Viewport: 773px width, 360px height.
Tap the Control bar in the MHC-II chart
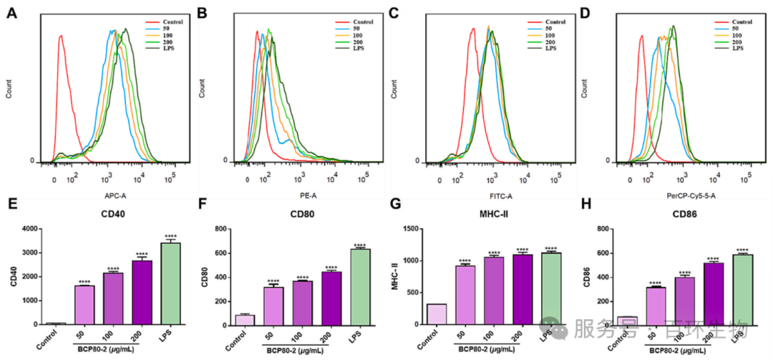[x=436, y=314]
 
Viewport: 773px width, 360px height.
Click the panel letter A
[x=11, y=13]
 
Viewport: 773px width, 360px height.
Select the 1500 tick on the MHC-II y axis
[x=410, y=229]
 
